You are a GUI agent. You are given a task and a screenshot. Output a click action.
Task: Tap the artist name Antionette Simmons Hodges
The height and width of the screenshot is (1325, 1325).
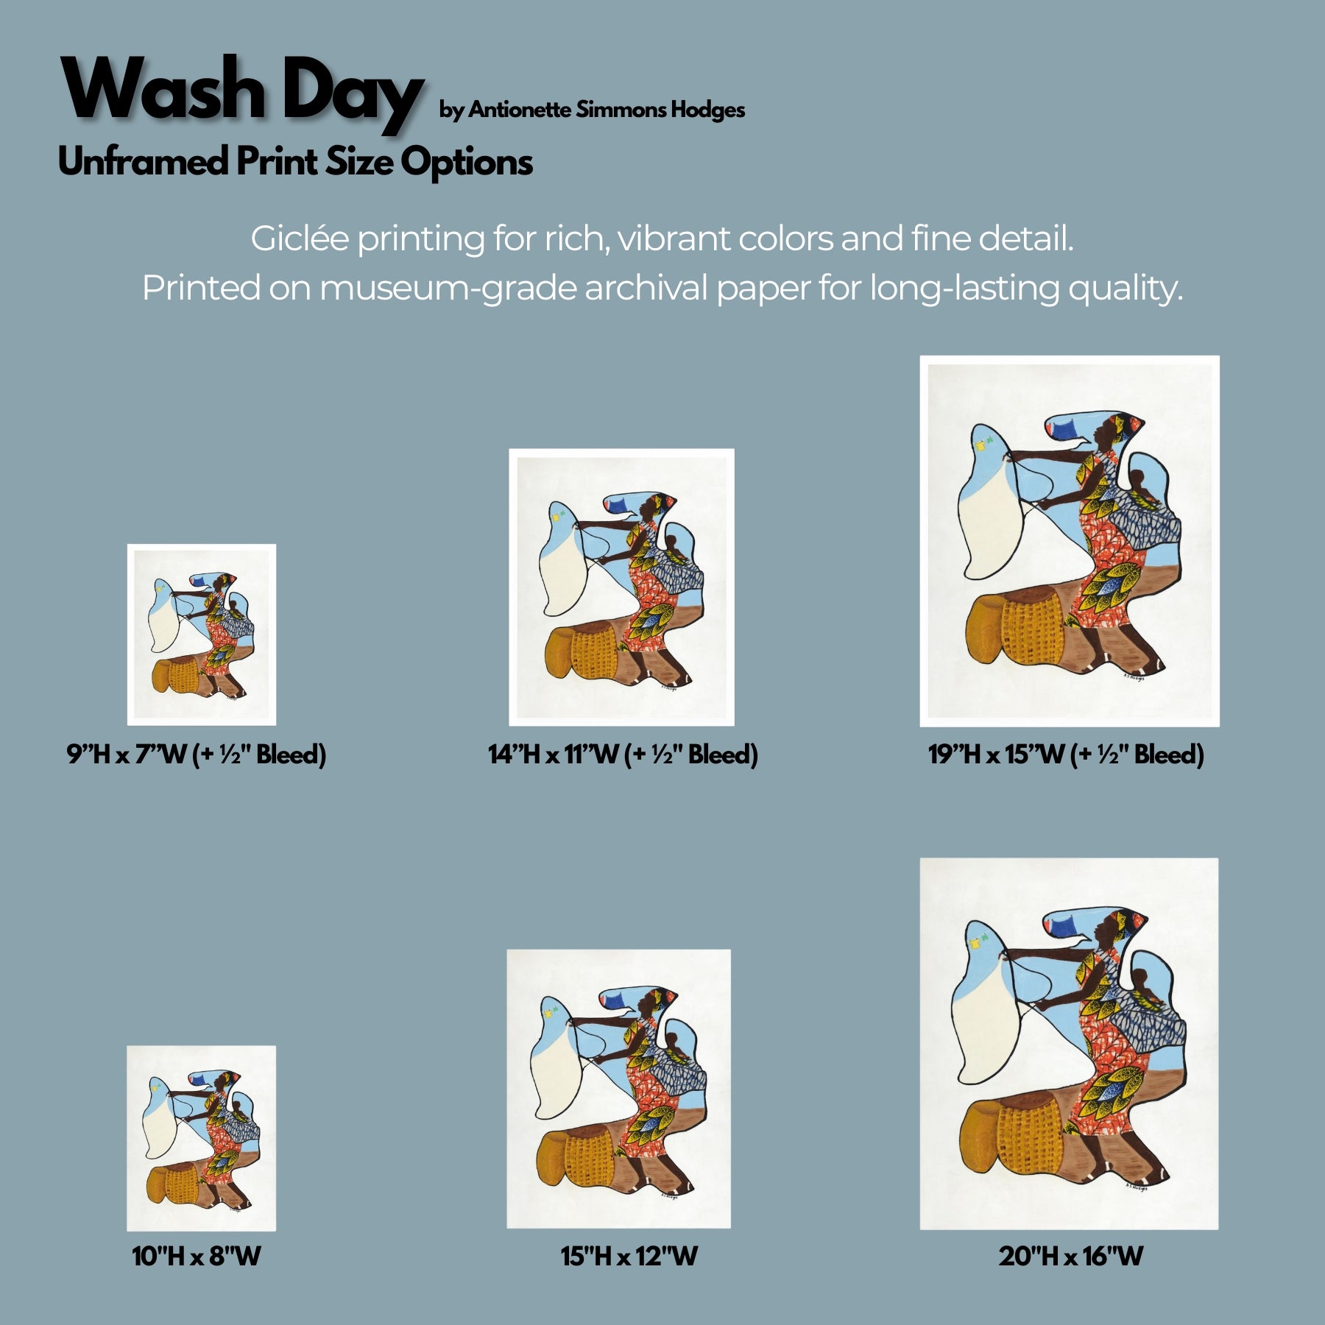[x=607, y=110]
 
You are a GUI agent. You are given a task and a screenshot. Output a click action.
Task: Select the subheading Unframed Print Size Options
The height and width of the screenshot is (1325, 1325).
[x=295, y=162]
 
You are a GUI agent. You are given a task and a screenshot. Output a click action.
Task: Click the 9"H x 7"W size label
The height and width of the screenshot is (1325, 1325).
[x=197, y=754]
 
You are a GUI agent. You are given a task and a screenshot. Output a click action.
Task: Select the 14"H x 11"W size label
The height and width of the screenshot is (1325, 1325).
[x=623, y=754]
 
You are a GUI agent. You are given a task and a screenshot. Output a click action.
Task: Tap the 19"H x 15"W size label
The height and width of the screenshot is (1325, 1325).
[x=1066, y=754]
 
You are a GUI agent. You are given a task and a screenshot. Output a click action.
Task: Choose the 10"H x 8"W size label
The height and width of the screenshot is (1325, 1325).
[x=197, y=1256]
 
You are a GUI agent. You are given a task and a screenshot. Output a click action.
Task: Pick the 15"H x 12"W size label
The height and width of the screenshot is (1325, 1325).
[x=629, y=1256]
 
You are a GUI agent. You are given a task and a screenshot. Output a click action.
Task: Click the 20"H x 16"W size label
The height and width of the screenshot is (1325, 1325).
[x=1071, y=1256]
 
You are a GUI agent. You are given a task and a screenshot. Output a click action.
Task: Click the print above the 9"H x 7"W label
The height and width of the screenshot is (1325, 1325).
[x=202, y=635]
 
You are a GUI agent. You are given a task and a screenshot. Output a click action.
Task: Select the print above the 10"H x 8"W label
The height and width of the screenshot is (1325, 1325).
[x=201, y=1138]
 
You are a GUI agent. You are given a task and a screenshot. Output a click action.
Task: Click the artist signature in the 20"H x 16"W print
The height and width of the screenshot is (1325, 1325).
[x=1136, y=1187]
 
